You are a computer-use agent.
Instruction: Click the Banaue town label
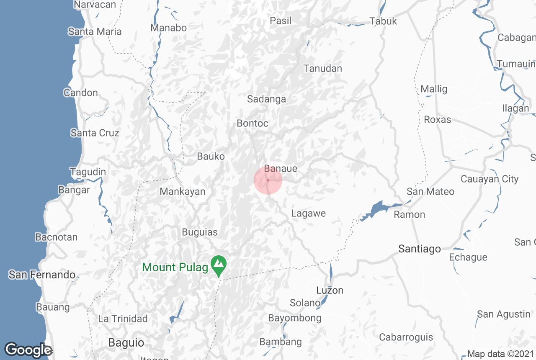[x=281, y=169]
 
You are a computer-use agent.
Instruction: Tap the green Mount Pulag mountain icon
[x=219, y=265]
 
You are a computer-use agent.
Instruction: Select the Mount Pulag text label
[x=175, y=267]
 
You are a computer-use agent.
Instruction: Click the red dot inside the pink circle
[x=268, y=180]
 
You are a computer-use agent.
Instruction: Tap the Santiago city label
[x=419, y=249]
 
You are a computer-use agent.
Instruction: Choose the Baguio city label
[x=126, y=343]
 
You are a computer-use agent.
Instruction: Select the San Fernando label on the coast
[x=42, y=275]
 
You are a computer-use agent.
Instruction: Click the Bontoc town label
[x=253, y=123]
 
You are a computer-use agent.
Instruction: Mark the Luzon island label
[x=330, y=290]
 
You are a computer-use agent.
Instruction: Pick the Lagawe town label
[x=308, y=213]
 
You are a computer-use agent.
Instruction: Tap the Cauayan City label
[x=490, y=179]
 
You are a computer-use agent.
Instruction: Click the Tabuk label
[x=383, y=21]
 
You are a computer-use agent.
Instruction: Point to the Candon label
[x=80, y=93]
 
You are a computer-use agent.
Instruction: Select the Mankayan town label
[x=183, y=192]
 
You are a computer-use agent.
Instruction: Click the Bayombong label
[x=295, y=318]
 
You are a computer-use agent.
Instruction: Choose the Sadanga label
[x=266, y=99]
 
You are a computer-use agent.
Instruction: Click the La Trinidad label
[x=123, y=319]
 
